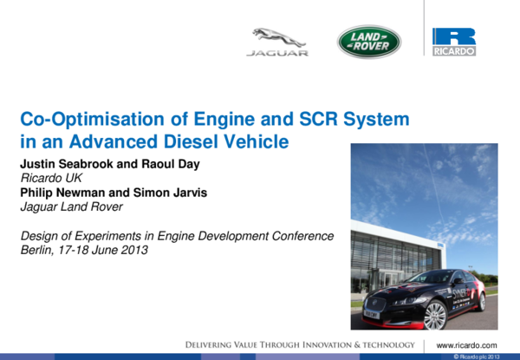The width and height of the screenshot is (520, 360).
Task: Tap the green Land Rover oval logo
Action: [368, 42]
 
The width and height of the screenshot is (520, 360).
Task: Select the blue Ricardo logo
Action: [454, 42]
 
